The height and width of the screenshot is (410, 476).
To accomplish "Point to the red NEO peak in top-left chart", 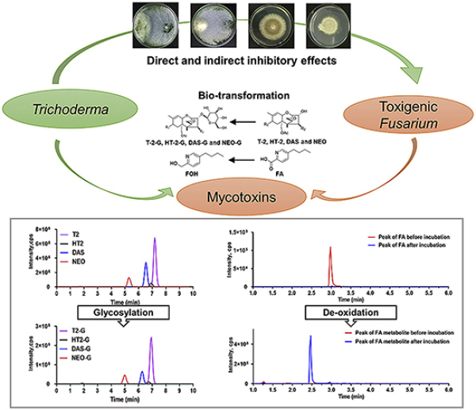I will (x=129, y=280).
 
